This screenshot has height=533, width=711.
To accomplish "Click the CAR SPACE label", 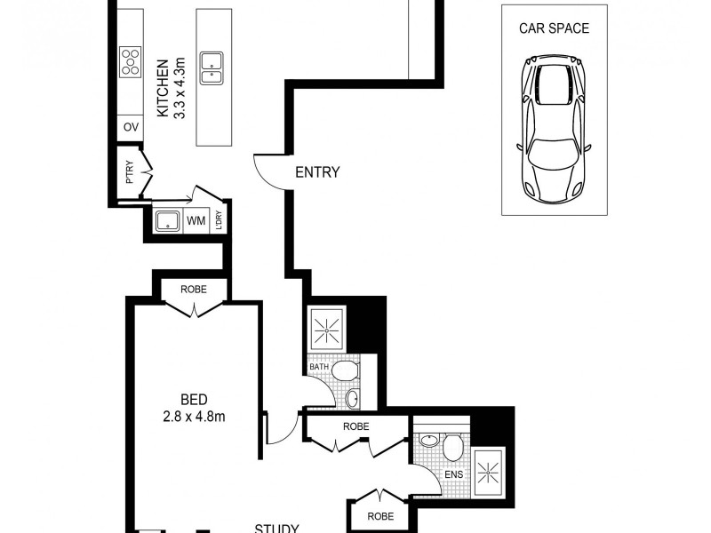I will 555,28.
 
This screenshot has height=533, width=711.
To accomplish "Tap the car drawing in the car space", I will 555,128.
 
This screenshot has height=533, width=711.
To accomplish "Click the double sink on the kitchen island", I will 212,68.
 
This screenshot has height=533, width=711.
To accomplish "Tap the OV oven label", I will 131,128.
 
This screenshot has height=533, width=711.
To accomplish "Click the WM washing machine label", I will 196,220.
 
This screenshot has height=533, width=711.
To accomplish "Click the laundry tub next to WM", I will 167,220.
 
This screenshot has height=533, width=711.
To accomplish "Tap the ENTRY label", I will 317,172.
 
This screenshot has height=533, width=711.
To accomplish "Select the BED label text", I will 193,399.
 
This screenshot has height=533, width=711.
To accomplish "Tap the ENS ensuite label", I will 453,474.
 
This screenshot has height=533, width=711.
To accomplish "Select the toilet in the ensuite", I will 453,445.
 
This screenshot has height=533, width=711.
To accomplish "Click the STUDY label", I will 276,528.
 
